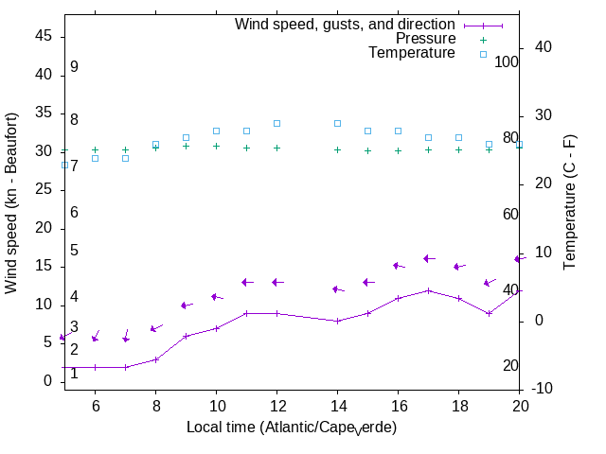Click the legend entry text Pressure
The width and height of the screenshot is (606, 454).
[x=425, y=39]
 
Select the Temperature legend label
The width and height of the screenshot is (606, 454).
[x=412, y=53]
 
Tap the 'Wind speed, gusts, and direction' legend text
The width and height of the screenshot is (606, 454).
[x=346, y=25]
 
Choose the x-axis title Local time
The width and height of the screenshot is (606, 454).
[x=291, y=428]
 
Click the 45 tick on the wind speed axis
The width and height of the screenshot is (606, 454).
[x=44, y=36]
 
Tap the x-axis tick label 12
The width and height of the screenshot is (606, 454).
[x=276, y=406]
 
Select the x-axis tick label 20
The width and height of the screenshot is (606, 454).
[x=519, y=406]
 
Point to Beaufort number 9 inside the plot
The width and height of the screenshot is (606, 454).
[x=74, y=68]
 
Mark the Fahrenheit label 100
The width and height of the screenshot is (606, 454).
[x=508, y=61]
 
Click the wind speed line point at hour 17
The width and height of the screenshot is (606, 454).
[x=428, y=290]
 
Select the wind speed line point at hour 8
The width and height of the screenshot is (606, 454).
[x=155, y=359]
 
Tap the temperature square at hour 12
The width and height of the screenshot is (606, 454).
[x=276, y=123]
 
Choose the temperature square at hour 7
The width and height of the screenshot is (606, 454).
[x=125, y=158]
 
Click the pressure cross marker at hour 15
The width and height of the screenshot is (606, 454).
[x=367, y=150]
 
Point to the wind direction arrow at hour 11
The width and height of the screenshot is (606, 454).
[x=247, y=282]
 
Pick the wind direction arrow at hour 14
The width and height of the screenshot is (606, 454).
[x=338, y=289]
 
